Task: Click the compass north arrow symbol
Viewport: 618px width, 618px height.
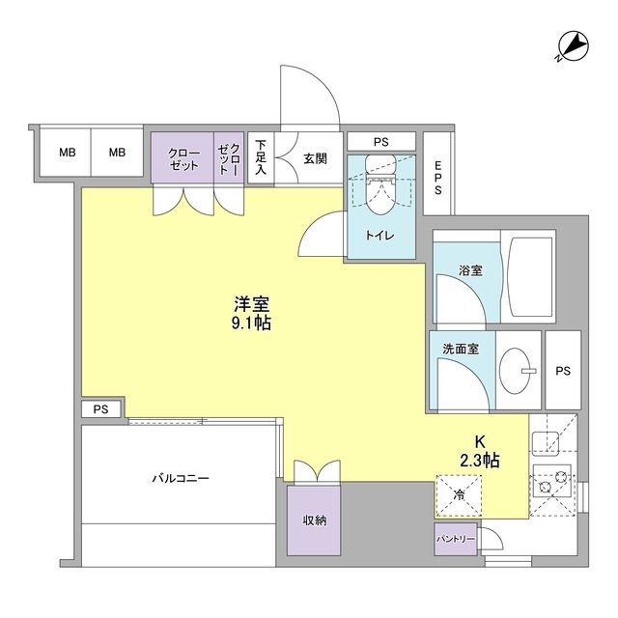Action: coord(572,46)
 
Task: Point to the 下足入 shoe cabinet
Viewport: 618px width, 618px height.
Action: coord(261,156)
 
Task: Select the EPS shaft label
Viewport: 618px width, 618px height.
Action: coord(437,179)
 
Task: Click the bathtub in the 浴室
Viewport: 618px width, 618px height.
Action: coord(527,277)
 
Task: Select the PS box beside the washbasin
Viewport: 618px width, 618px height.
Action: coord(562,370)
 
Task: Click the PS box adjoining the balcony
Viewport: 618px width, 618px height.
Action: coord(101,409)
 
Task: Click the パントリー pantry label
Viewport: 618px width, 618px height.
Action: coord(455,538)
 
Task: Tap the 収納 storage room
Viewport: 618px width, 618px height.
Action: coord(314,520)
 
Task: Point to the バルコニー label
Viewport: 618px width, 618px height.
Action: coord(180,478)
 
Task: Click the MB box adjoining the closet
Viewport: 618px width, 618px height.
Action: coord(117,153)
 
